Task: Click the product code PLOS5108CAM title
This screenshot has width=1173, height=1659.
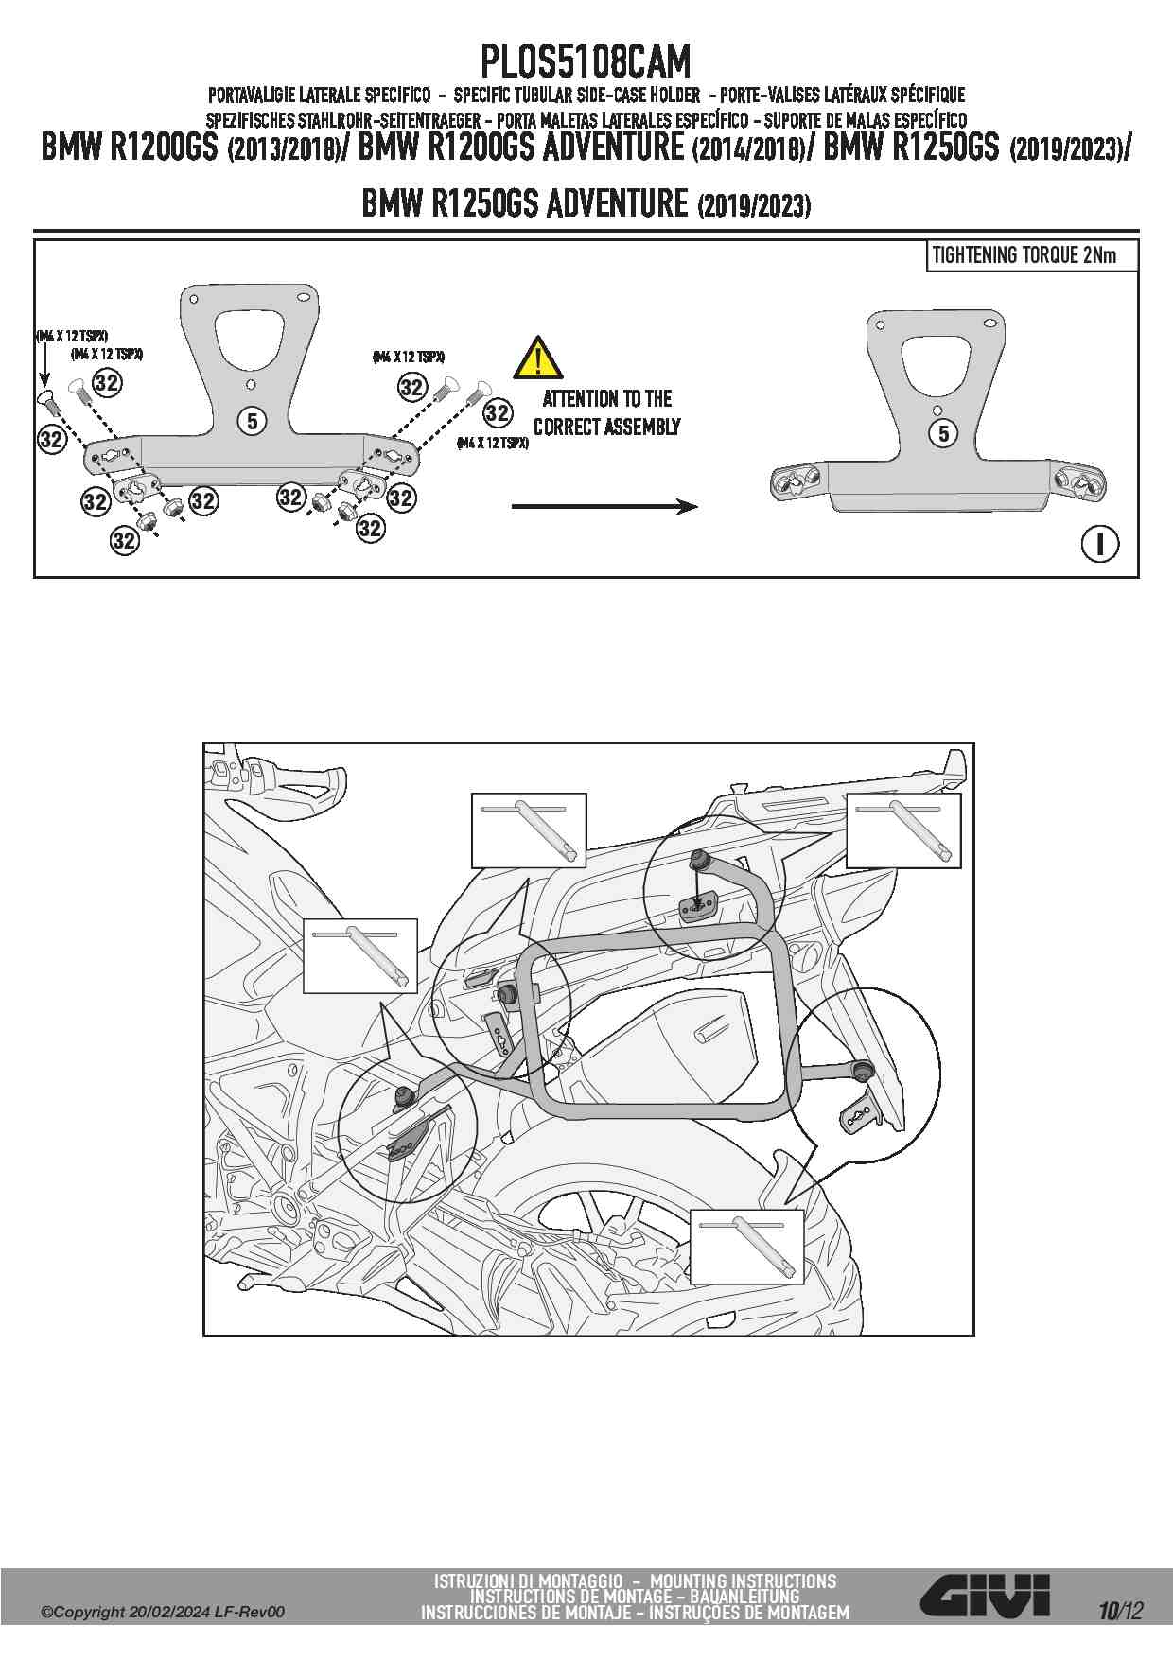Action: tap(586, 62)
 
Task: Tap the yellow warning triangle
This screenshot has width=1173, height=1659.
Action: tap(537, 358)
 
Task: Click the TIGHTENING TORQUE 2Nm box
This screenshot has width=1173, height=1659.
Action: tap(1031, 255)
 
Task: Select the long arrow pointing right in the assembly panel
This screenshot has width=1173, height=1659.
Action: tap(604, 507)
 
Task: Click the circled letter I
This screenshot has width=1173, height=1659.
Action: tap(1099, 544)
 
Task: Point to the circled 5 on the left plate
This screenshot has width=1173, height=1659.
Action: tap(252, 420)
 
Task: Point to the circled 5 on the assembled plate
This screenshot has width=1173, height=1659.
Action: tap(943, 433)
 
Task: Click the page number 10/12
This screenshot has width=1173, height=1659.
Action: tap(1121, 1611)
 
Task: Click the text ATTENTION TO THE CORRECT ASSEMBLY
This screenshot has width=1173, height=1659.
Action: tap(606, 412)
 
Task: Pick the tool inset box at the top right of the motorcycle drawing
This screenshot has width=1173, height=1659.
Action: tap(903, 830)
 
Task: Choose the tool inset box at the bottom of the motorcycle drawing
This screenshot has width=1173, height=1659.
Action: tap(746, 1246)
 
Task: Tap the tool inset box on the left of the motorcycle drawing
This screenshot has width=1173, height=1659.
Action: tap(359, 955)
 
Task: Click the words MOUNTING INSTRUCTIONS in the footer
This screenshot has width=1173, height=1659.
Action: tap(743, 1580)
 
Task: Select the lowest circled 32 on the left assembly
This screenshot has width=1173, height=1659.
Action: tap(124, 540)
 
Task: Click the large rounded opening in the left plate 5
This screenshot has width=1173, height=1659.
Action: tap(248, 337)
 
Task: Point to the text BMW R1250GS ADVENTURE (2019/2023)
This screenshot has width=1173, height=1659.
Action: tap(586, 203)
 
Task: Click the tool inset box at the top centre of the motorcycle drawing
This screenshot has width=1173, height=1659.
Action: tap(529, 830)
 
